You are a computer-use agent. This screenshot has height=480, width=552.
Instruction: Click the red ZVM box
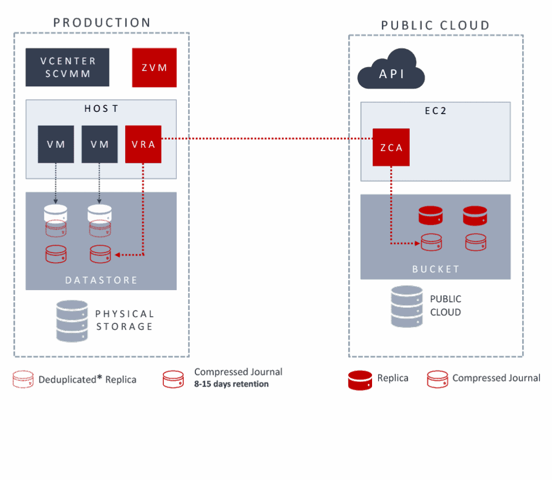click(x=154, y=68)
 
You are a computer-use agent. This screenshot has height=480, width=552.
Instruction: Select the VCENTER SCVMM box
click(x=68, y=68)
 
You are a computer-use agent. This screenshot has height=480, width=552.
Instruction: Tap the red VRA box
click(x=143, y=144)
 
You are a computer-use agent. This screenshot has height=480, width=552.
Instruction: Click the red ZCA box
click(x=391, y=147)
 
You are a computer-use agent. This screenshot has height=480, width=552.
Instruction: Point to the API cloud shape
click(x=391, y=71)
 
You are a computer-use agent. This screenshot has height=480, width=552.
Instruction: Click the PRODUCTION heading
click(x=102, y=23)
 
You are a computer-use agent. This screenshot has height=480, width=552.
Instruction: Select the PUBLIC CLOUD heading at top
click(x=435, y=25)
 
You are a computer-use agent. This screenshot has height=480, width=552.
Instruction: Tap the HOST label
click(x=101, y=109)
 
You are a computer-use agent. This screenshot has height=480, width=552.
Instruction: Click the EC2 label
click(x=435, y=111)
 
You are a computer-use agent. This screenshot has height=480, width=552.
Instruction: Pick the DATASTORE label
click(x=101, y=280)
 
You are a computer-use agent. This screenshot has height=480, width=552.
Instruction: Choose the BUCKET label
click(x=436, y=269)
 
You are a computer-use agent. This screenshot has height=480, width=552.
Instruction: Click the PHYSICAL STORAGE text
click(x=124, y=320)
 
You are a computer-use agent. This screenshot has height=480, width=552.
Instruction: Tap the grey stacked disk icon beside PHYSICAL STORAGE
click(x=73, y=321)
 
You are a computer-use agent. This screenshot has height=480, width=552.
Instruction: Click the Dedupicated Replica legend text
click(x=87, y=380)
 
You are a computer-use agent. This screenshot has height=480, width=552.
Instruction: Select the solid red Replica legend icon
click(x=360, y=380)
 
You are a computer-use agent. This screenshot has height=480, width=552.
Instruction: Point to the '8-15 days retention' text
click(x=231, y=384)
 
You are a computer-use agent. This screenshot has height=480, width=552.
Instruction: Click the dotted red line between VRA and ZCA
click(x=266, y=139)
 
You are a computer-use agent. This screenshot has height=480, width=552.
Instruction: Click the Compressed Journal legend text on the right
click(x=496, y=378)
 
